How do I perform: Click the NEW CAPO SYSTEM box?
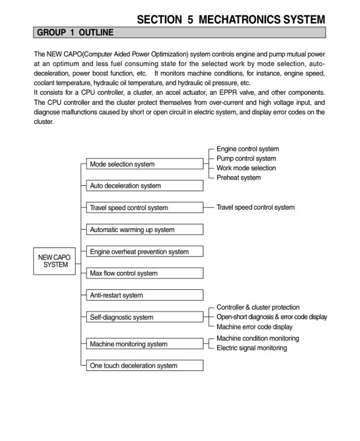(54, 261)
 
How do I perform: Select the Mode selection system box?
(144, 164)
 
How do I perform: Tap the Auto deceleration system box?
(144, 186)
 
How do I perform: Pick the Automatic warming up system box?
(144, 230)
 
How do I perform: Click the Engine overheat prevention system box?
(144, 252)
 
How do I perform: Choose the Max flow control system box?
(144, 273)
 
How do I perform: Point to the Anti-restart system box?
(144, 295)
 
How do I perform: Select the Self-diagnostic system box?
(144, 318)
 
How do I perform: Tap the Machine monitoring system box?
(144, 344)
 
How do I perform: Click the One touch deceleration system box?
(144, 366)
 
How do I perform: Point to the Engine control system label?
(248, 149)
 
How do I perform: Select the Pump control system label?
(246, 159)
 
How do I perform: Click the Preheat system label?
(239, 178)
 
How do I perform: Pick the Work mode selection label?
(246, 168)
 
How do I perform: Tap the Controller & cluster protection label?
(258, 307)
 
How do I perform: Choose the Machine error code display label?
(254, 327)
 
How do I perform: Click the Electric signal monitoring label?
(251, 348)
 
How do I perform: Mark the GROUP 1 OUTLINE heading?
(75, 32)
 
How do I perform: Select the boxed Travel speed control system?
(144, 208)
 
